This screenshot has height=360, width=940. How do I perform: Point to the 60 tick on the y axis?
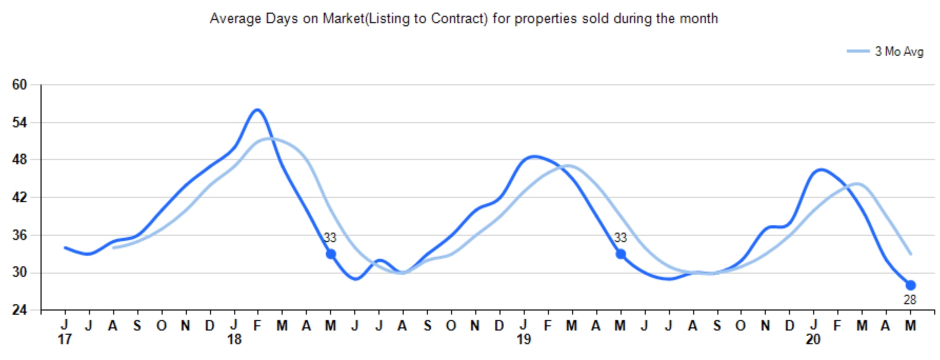coord(19,85)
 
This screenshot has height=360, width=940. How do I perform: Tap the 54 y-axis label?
coord(19,123)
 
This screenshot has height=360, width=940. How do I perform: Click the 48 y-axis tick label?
coord(19,159)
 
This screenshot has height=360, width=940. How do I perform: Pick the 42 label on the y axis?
coord(19,197)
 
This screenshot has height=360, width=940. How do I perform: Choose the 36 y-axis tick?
coord(19,235)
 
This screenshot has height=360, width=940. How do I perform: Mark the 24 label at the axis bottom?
coord(19,309)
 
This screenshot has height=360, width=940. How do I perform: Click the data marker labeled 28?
coord(911,285)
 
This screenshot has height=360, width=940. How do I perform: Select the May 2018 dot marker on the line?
coord(331,254)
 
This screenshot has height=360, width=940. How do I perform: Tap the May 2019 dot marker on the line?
coord(621,254)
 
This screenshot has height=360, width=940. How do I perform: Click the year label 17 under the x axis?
coord(64,340)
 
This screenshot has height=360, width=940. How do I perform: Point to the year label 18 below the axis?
coord(234,340)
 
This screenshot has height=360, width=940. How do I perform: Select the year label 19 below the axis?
coord(524,340)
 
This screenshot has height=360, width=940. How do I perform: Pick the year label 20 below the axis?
coord(813,340)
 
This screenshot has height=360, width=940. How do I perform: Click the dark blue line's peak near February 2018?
coord(257,109)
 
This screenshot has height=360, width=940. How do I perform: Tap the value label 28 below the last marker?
coord(910,300)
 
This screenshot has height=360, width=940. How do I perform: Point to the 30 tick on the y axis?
coord(19,273)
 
